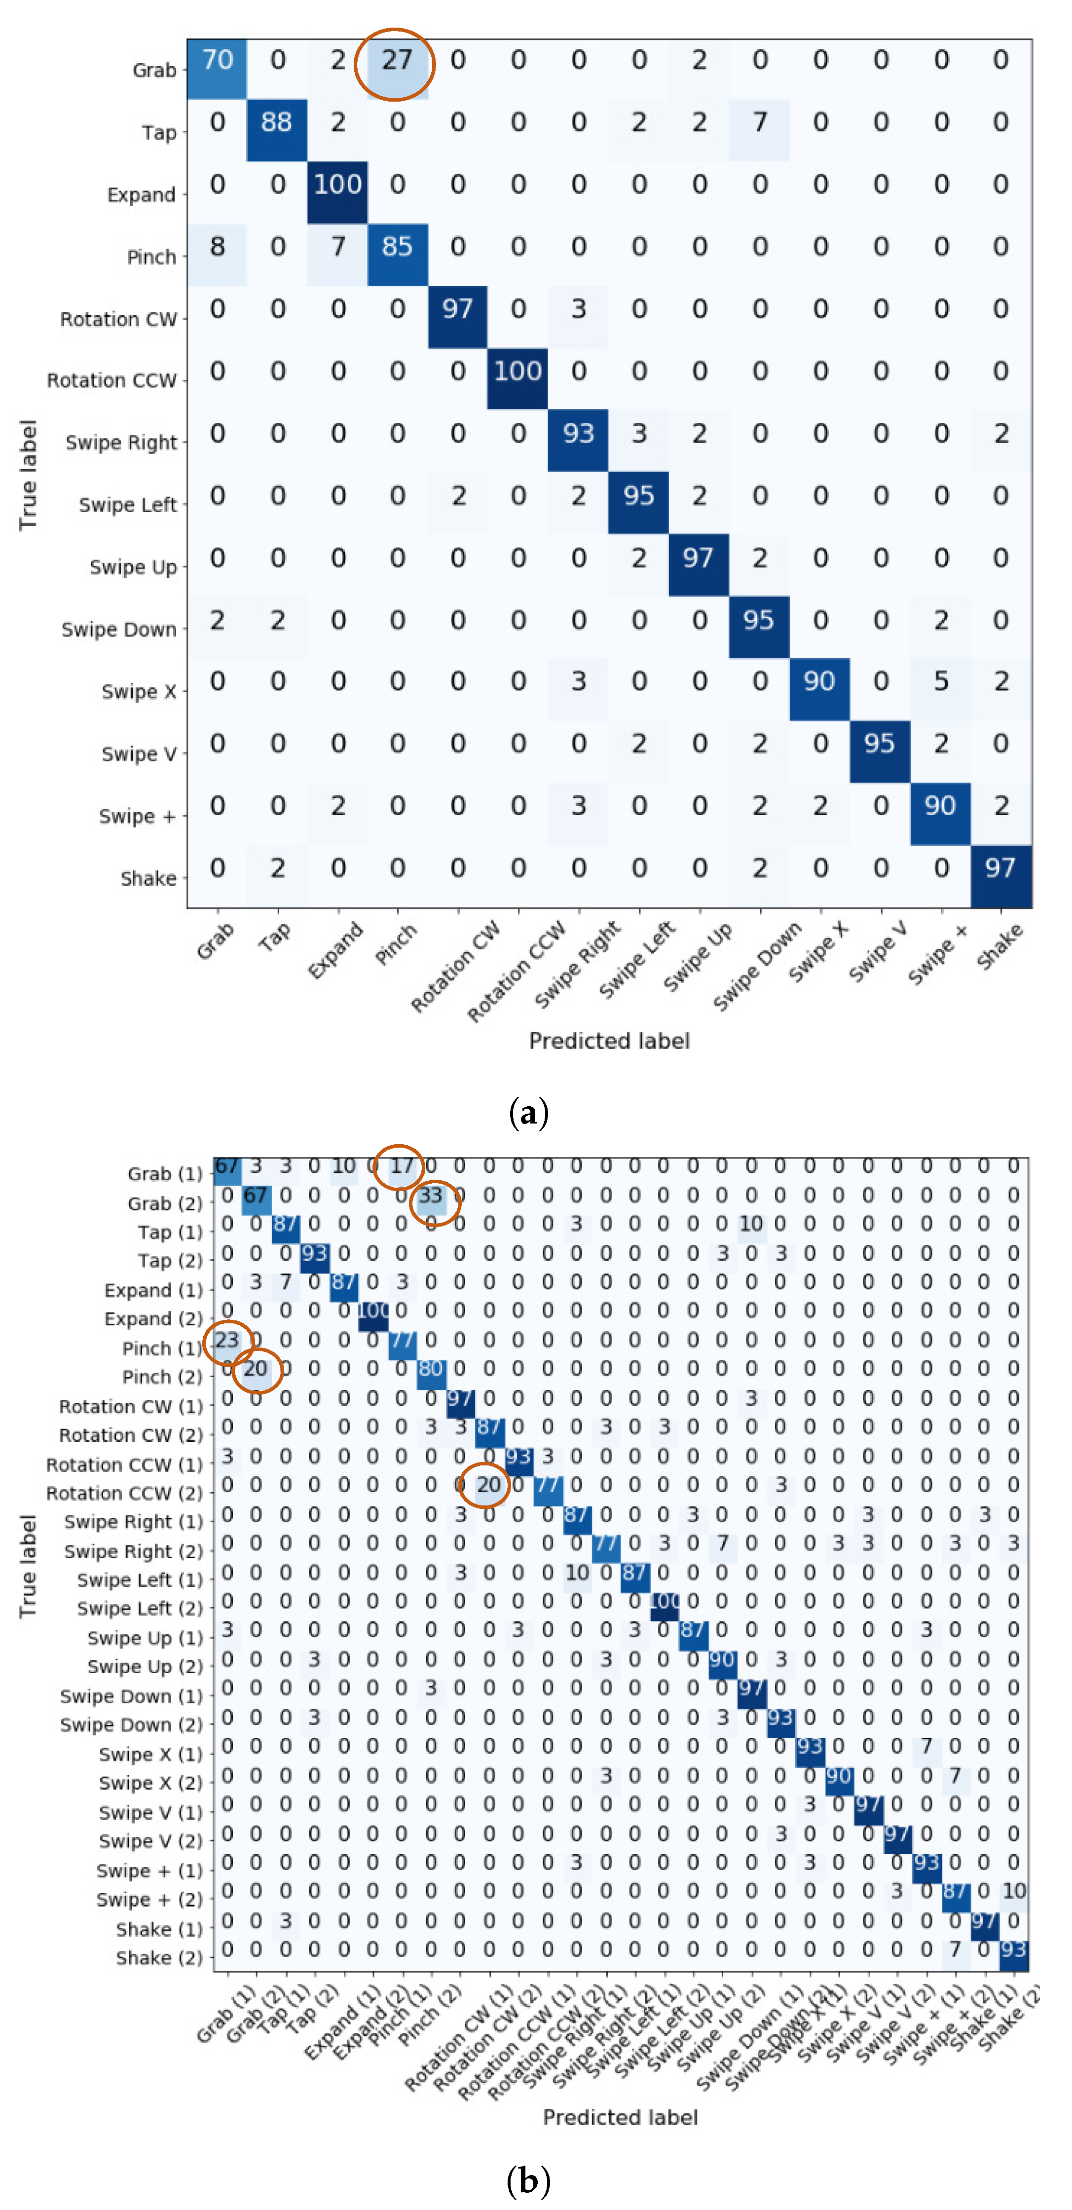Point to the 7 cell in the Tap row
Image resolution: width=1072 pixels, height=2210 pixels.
760,123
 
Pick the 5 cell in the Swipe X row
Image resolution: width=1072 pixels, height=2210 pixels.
941,682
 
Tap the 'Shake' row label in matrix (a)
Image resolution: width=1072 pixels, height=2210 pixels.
148,878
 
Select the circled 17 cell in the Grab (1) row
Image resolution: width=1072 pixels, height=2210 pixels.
402,1166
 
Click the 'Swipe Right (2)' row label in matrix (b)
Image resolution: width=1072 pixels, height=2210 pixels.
133,1551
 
